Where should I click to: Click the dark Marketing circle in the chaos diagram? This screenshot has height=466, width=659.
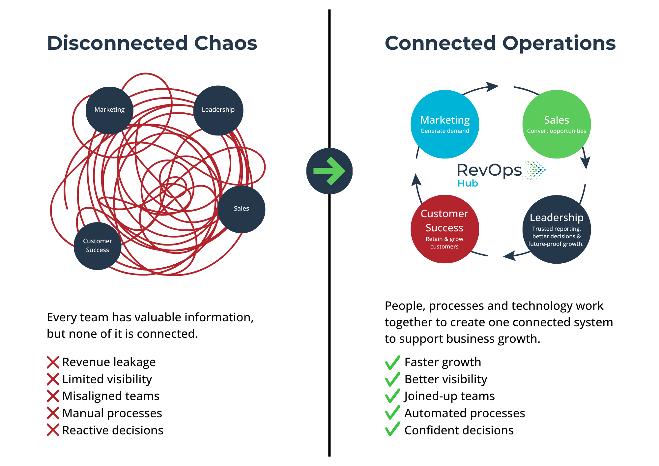[x=109, y=110]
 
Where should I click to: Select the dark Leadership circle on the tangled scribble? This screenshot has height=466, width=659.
[x=218, y=110]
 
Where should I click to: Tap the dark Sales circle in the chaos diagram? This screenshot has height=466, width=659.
[x=242, y=209]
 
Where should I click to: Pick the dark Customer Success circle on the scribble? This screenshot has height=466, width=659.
[x=98, y=246]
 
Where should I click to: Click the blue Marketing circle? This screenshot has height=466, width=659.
[x=445, y=124]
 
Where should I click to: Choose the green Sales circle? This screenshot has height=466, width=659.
[x=557, y=124]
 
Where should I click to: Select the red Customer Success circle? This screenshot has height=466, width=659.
[x=445, y=229]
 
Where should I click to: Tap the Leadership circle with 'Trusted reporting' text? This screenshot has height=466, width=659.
[x=557, y=229]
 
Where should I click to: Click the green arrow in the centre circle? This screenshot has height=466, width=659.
[x=329, y=171]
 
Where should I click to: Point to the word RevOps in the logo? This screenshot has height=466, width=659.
[x=489, y=170]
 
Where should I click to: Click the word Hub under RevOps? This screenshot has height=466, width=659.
[x=468, y=183]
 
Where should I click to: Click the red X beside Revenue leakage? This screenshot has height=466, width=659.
[x=53, y=362]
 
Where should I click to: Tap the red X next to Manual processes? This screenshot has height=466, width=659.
[x=53, y=413]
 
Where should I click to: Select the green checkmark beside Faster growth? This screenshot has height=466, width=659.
[x=393, y=363]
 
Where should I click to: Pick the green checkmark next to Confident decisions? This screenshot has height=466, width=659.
[x=393, y=430]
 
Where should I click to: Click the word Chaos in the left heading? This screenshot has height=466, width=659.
[x=226, y=43]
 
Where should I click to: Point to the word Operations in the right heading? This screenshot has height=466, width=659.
[x=559, y=44]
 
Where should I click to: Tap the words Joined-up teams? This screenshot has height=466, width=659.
[x=449, y=396]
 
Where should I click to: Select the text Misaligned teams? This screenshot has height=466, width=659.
[x=111, y=396]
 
